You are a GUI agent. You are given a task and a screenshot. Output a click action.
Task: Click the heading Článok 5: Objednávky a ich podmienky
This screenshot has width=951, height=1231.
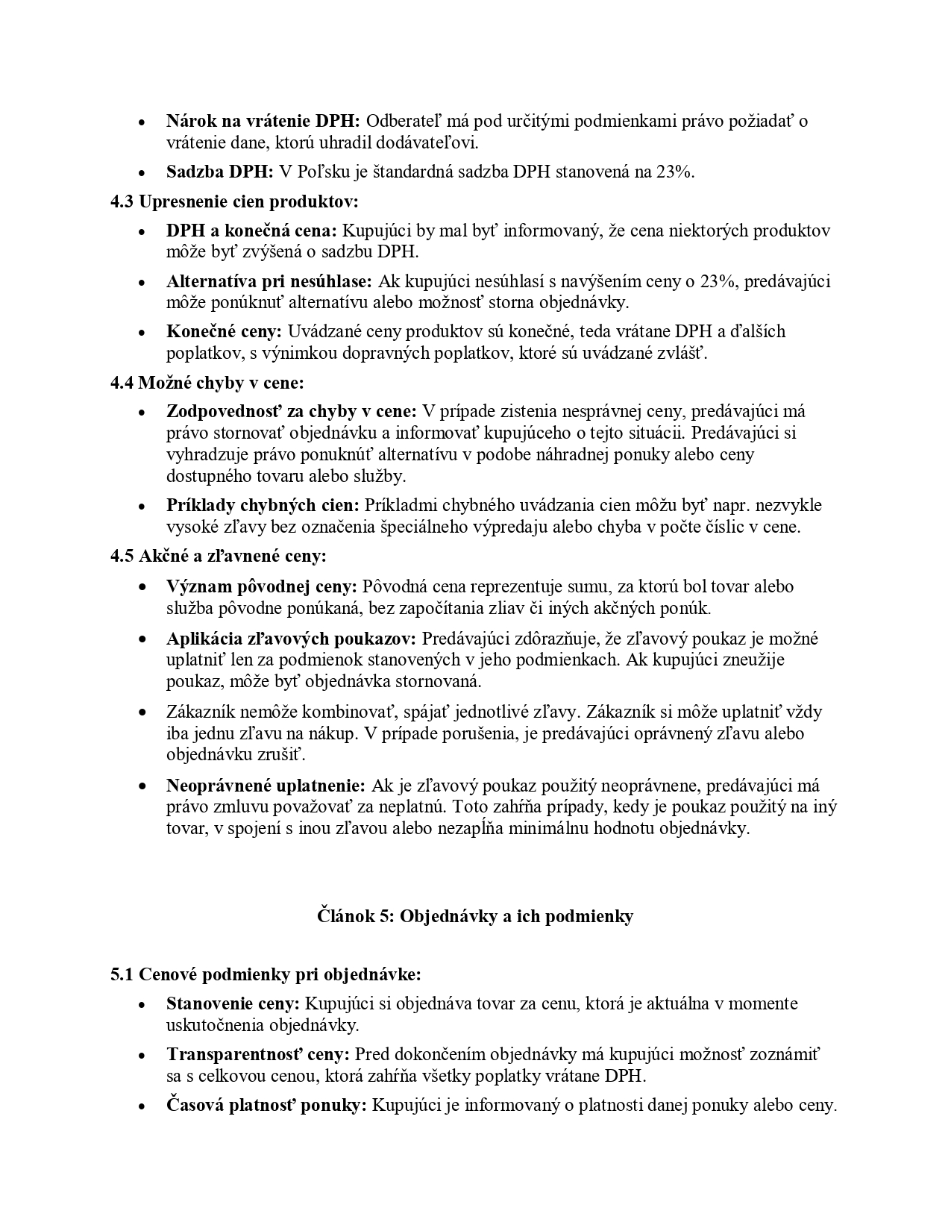pyautogui.click(x=475, y=916)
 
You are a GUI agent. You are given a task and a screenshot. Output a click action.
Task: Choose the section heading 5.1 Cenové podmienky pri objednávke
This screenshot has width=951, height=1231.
pyautogui.click(x=266, y=974)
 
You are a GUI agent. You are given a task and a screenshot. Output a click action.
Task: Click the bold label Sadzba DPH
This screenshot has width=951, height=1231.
pyautogui.click(x=220, y=172)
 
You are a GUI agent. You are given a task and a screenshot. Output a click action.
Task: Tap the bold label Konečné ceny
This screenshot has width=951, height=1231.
pyautogui.click(x=224, y=331)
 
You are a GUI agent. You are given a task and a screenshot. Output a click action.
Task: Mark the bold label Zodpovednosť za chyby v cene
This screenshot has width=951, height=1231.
pyautogui.click(x=292, y=411)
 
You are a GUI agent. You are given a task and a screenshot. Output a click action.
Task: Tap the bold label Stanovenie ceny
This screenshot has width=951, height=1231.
pyautogui.click(x=233, y=1003)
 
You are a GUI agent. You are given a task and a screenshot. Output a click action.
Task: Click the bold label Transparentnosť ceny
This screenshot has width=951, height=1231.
pyautogui.click(x=258, y=1054)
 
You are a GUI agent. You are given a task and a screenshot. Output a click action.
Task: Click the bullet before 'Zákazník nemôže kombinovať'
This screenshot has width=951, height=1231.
pyautogui.click(x=142, y=712)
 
